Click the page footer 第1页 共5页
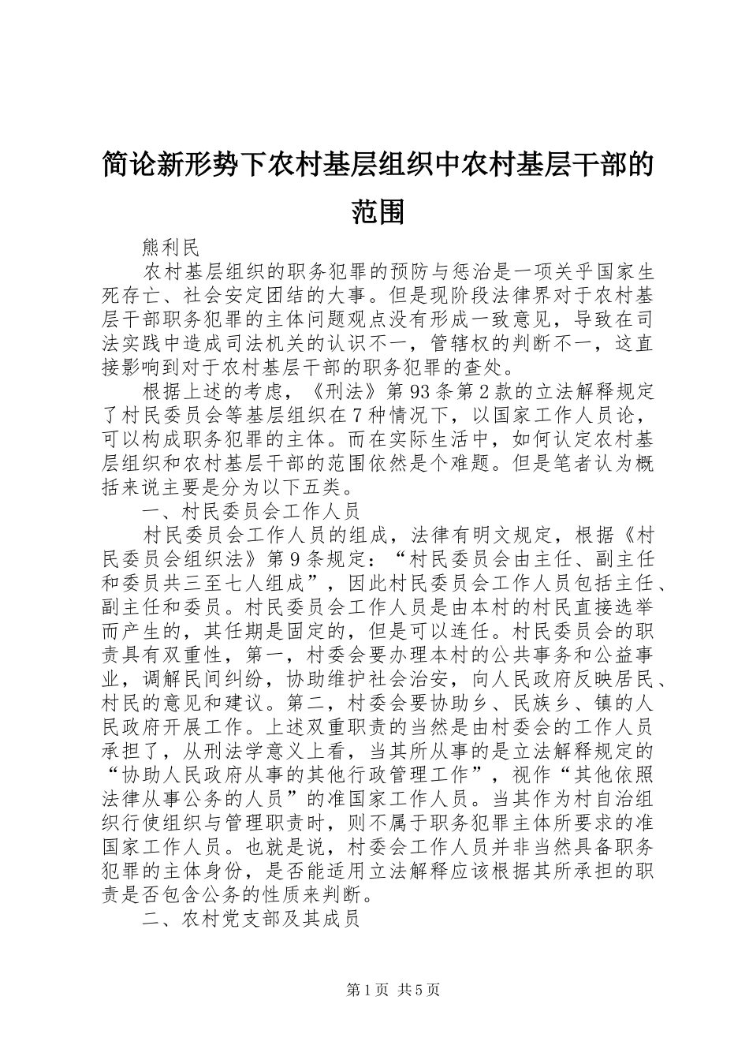pos(374,990)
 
